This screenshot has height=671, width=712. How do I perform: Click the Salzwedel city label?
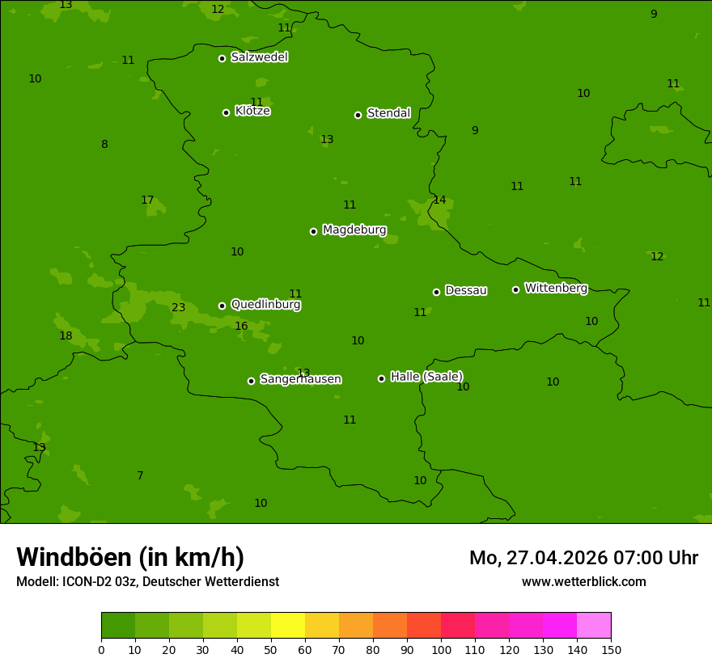[259, 57]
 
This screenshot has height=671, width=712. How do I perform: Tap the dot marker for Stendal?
[358, 115]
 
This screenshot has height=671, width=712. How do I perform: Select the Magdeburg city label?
[354, 230]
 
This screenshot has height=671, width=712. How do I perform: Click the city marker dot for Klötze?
[226, 112]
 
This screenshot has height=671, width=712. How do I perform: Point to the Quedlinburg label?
[265, 305]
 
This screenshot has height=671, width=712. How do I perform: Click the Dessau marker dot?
[436, 292]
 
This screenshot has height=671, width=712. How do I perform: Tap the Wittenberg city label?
[556, 288]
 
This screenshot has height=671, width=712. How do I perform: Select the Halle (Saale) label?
[426, 377]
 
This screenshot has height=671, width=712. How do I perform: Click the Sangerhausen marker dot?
[251, 381]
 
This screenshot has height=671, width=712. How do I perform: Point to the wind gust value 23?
[179, 307]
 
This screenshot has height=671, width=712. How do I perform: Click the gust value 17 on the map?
[147, 200]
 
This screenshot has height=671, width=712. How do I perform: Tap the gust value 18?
[66, 335]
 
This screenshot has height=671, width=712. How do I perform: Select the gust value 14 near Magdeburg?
[439, 200]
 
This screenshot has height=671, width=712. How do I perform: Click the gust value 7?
[140, 475]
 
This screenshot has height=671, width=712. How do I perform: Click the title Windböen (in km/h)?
[130, 557]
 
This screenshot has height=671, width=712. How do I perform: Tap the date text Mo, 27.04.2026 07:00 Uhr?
[583, 558]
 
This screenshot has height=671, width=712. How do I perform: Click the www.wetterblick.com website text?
[583, 582]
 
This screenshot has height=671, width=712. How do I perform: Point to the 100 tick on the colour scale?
[441, 649]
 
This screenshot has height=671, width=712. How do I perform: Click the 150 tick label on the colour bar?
[611, 649]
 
